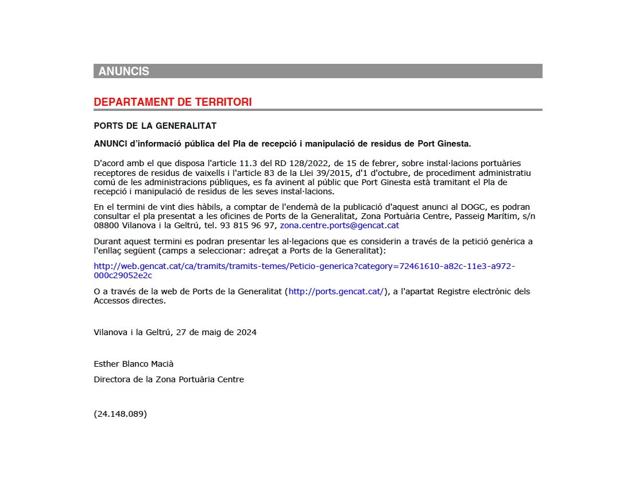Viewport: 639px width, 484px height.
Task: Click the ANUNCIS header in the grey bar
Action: click(123, 71)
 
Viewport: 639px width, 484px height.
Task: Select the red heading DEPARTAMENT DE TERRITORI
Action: click(172, 102)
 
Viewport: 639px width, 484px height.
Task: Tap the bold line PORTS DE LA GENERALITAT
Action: click(155, 126)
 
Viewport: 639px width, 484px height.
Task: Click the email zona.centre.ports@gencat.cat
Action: click(339, 225)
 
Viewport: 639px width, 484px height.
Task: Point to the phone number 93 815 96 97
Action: click(255, 225)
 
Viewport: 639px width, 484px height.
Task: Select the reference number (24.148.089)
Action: click(121, 414)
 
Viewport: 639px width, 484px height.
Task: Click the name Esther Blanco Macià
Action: click(133, 364)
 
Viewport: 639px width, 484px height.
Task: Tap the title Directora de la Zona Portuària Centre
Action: click(169, 379)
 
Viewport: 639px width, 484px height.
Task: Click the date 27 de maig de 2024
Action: click(216, 332)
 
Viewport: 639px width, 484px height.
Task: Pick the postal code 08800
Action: click(106, 225)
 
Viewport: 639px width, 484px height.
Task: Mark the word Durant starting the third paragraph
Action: click(107, 241)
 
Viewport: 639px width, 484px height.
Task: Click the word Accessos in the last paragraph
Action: click(112, 301)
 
